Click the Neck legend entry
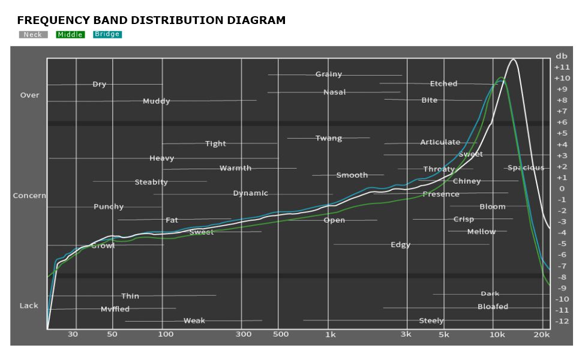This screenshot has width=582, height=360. (x=33, y=35)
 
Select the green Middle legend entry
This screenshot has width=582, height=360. (x=70, y=35)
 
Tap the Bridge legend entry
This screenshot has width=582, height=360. (x=107, y=34)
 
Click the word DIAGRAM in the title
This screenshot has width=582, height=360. (x=256, y=20)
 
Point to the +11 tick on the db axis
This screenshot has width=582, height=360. (x=562, y=67)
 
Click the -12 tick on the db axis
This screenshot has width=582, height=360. (x=562, y=321)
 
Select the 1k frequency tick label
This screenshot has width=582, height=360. (x=330, y=334)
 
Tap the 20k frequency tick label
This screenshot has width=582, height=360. (x=542, y=334)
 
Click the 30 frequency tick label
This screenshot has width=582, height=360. (x=73, y=334)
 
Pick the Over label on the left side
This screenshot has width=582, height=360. (x=30, y=95)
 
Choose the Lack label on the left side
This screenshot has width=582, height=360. (x=29, y=305)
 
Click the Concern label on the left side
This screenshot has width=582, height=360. (x=29, y=196)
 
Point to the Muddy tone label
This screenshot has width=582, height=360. (x=156, y=101)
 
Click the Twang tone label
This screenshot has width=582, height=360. (x=329, y=138)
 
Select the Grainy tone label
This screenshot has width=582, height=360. (x=329, y=74)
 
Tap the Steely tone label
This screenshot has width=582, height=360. (x=431, y=320)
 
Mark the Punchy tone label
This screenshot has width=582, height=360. (x=109, y=206)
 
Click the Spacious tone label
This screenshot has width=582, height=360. (x=526, y=167)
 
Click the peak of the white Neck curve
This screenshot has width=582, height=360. (x=513, y=59)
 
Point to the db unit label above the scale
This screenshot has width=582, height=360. (x=561, y=56)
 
